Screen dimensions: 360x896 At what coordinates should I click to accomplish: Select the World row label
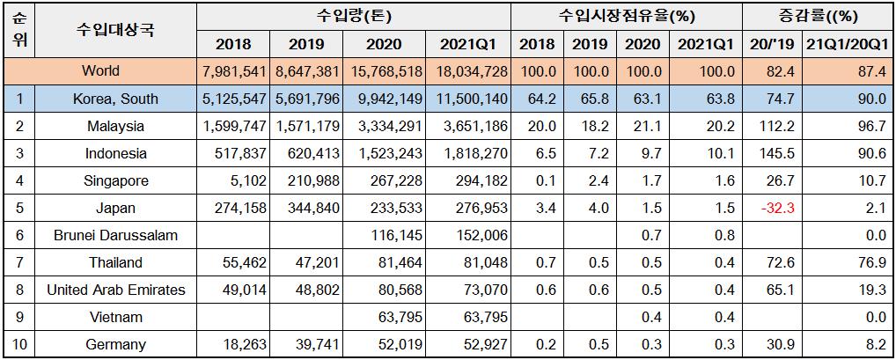[x=100, y=70]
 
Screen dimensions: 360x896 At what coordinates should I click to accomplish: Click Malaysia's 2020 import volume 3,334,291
[x=389, y=127]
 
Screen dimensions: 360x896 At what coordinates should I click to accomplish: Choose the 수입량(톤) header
[x=353, y=16]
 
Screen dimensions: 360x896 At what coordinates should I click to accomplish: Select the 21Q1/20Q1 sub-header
[x=847, y=44]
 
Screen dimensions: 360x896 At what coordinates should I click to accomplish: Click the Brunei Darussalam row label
[x=115, y=236]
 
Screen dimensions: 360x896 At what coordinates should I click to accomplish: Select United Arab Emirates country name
[x=116, y=290]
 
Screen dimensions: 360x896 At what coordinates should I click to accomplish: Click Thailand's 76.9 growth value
[x=870, y=263]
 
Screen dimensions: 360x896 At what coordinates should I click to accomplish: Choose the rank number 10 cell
[x=20, y=345]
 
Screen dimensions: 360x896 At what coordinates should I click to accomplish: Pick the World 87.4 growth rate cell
[x=870, y=71]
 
